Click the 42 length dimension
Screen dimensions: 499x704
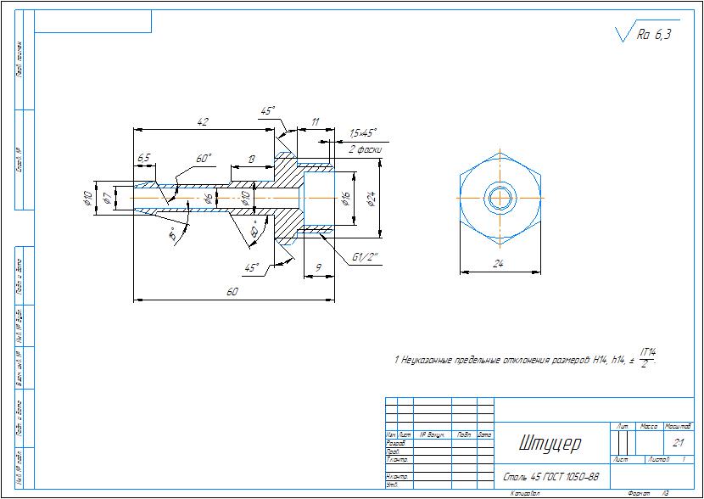click(203, 122)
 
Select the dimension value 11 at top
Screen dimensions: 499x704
click(316, 122)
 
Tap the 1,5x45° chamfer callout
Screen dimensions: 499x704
click(362, 133)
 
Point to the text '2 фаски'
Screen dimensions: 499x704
click(366, 149)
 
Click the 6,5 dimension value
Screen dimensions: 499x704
click(143, 159)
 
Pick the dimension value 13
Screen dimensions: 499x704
click(252, 159)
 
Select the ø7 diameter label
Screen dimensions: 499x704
click(106, 198)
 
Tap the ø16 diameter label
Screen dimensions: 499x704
click(346, 198)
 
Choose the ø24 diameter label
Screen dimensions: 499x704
click(371, 199)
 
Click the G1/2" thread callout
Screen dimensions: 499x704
click(365, 258)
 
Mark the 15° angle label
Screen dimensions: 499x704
click(173, 234)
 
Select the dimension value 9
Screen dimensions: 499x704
click(318, 267)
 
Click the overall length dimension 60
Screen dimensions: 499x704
click(232, 291)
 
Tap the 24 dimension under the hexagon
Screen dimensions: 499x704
click(500, 264)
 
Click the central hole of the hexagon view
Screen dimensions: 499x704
click(500, 198)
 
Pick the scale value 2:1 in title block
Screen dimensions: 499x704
click(678, 442)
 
